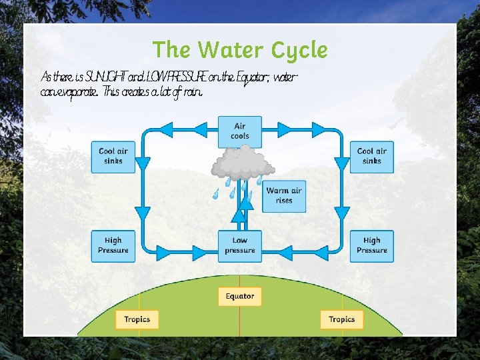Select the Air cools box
coord(240,131)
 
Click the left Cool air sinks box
coord(113,156)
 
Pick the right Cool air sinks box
coord(371,156)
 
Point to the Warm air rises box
coord(284,195)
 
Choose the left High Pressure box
coord(113,245)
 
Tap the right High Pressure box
coord(371,245)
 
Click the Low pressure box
coord(240,245)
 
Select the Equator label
coord(240,296)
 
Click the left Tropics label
coord(137,319)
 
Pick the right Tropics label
coord(341,319)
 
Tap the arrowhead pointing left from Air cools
coord(183,130)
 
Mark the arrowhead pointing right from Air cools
coord(297,130)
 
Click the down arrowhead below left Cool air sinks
coord(143,215)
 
